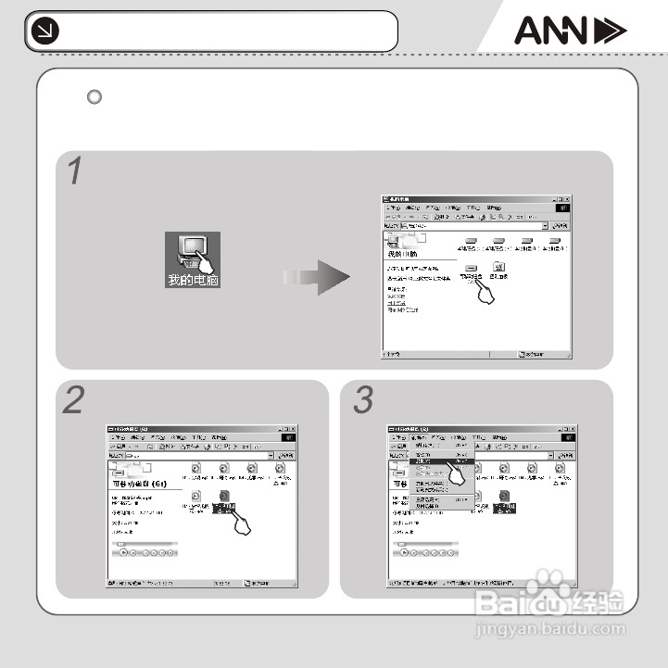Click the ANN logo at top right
[570, 32]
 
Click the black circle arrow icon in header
[43, 32]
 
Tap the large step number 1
[75, 171]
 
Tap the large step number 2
[74, 401]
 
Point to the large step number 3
[362, 401]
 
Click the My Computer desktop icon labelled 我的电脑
[193, 259]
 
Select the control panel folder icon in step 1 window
[499, 268]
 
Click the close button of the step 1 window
[567, 200]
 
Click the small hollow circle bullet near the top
[94, 96]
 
